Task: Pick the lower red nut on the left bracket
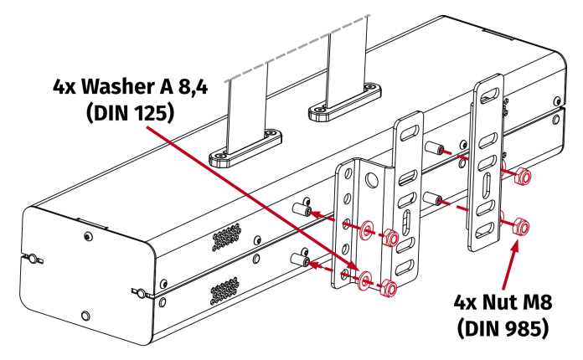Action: (x=387, y=289)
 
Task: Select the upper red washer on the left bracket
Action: (x=367, y=229)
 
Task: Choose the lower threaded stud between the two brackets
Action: (x=433, y=199)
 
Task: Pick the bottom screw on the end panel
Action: (x=84, y=316)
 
